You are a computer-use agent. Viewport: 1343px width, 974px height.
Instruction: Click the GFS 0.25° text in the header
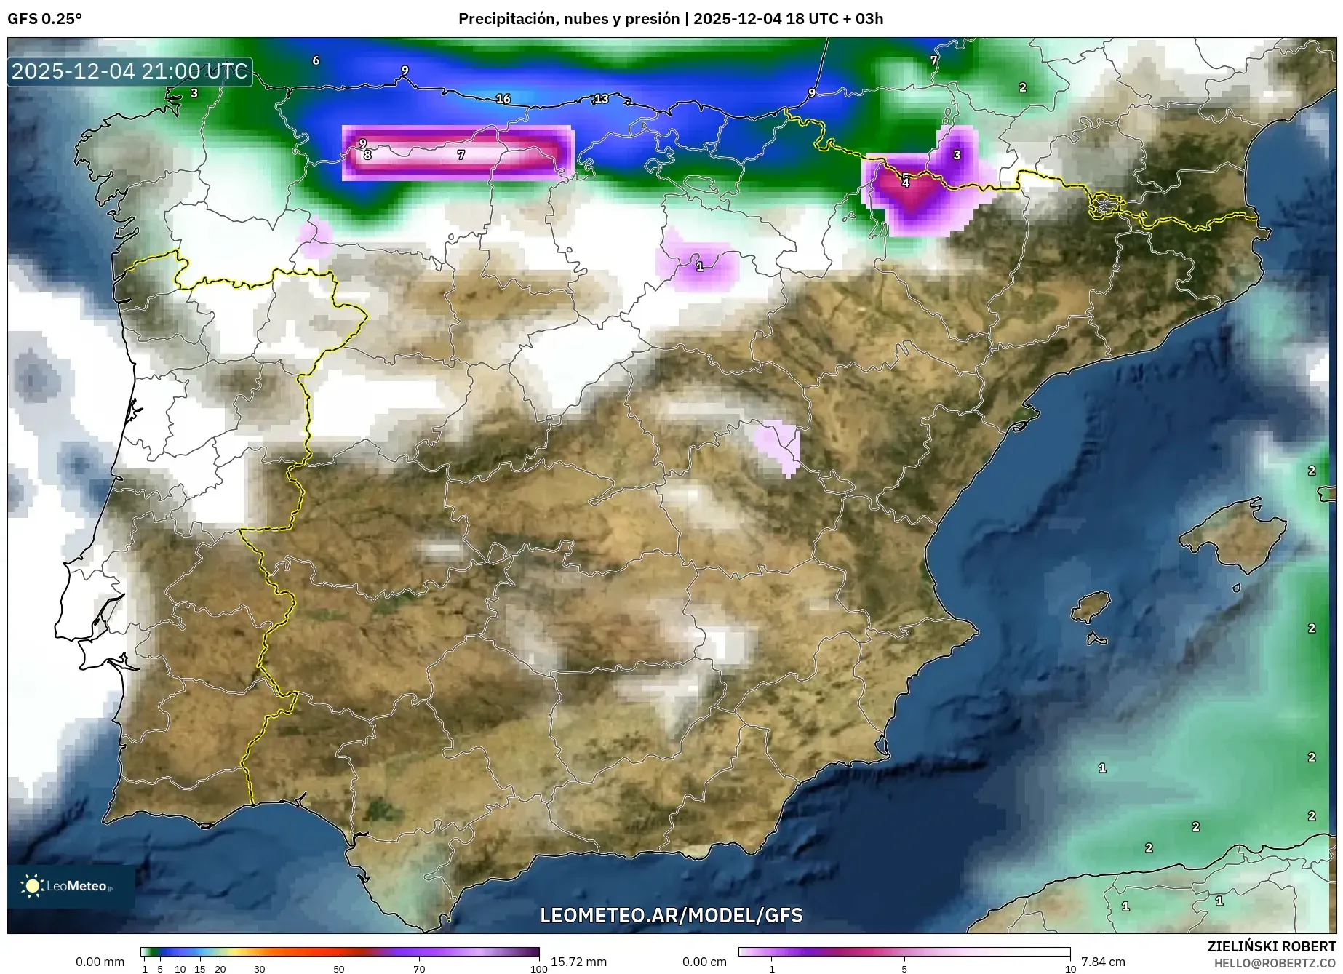coord(44,19)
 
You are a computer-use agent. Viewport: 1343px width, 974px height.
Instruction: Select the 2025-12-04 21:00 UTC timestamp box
coord(130,71)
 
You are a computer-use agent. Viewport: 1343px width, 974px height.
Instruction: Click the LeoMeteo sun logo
coord(32,885)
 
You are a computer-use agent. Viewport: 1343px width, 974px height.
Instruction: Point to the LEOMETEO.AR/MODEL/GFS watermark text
coord(671,914)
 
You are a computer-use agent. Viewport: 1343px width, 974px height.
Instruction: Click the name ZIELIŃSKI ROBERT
coord(1271,946)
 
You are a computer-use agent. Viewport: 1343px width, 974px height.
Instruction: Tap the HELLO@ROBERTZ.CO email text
coord(1275,963)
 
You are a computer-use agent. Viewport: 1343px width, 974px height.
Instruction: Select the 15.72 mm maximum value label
coord(578,962)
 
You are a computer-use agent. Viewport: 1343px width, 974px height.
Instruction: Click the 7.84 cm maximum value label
coord(1103,962)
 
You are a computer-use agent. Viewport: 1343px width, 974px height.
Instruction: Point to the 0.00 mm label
coord(100,962)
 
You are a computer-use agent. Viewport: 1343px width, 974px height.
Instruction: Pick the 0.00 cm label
coord(704,962)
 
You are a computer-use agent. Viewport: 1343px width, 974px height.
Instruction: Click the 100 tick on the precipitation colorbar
coord(538,969)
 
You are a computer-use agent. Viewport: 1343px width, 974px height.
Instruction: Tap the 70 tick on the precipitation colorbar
coord(419,969)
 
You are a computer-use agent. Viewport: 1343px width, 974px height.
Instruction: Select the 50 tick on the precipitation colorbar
coord(339,969)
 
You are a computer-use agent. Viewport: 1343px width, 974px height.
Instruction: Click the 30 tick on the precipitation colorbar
coord(260,969)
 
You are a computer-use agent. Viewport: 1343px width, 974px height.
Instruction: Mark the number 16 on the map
coord(503,98)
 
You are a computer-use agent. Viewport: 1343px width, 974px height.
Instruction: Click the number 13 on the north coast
coord(601,98)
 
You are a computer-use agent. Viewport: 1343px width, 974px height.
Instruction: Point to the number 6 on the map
coord(316,60)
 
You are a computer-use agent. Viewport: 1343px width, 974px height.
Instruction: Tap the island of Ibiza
coord(1091,606)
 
